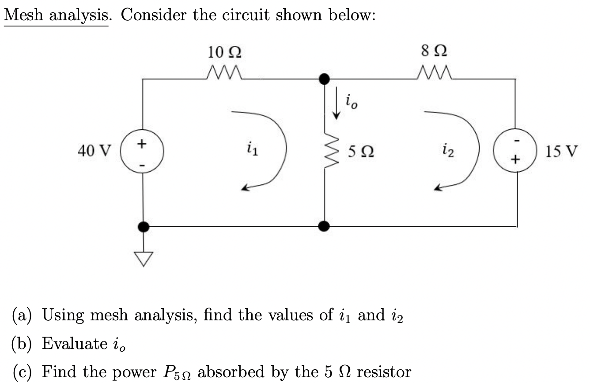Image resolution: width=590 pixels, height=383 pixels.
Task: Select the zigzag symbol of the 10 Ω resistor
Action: pyautogui.click(x=224, y=72)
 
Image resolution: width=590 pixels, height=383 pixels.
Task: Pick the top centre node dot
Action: pyautogui.click(x=325, y=79)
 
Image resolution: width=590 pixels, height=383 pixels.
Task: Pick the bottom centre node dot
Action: pyautogui.click(x=325, y=227)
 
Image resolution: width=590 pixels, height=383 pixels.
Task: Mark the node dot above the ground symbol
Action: pyautogui.click(x=143, y=227)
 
